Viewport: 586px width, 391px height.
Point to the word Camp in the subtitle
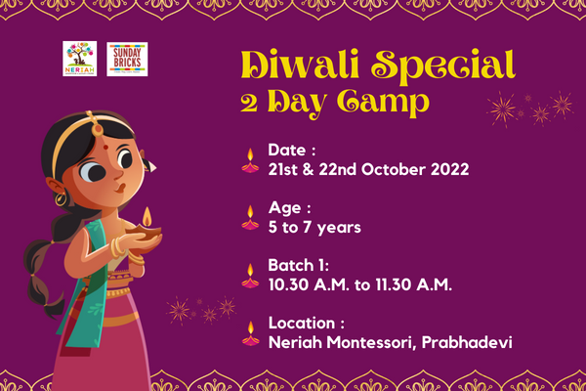tap(382, 101)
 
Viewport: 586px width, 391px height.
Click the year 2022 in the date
tap(445, 169)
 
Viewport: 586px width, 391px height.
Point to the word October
tap(381, 169)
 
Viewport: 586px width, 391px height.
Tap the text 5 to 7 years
tap(314, 227)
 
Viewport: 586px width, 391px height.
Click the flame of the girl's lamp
tap(146, 214)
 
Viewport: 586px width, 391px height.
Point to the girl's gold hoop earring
tap(60, 198)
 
